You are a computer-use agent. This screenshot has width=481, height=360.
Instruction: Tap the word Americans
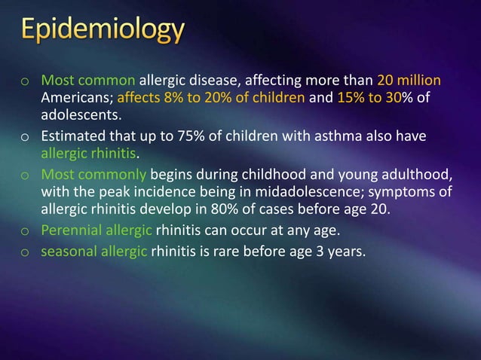coord(71,98)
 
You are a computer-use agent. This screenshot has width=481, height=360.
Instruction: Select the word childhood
coord(257,173)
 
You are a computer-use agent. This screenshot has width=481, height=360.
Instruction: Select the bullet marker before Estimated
coord(25,136)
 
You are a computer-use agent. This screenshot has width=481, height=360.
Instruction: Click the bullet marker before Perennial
coord(25,230)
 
